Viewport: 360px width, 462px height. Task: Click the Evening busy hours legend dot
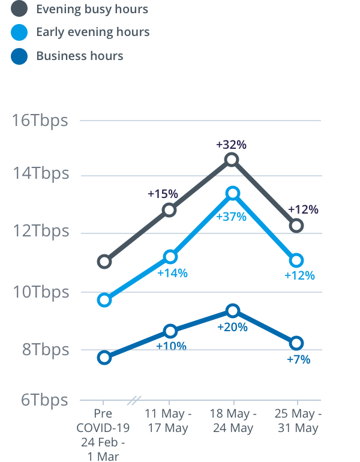tap(19, 9)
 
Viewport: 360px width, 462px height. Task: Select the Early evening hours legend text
tap(93, 32)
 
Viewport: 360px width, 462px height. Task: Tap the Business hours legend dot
tap(19, 56)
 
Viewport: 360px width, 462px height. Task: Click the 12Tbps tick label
tap(40, 231)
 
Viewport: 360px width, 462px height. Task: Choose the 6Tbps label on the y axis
tap(44, 400)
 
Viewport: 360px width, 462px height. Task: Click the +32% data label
tap(232, 145)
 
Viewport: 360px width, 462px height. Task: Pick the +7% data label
tap(298, 359)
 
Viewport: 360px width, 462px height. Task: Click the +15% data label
tap(163, 194)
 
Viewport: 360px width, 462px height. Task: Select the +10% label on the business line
tap(171, 346)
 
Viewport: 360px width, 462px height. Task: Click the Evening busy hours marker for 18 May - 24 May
tap(232, 160)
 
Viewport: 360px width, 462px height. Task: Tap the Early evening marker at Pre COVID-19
tap(104, 300)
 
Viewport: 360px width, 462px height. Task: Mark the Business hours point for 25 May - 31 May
tap(296, 343)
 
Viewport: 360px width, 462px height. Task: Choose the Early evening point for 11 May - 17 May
tap(170, 257)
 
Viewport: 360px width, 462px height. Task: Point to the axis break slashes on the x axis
tap(136, 400)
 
